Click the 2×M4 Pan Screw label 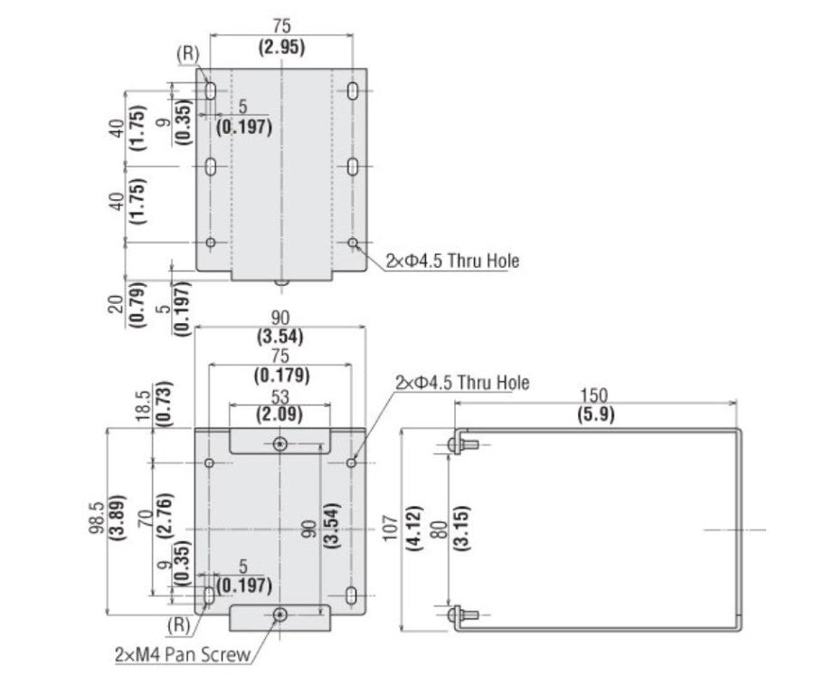coord(181,654)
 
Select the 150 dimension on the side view coord(594,395)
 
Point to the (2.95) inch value coord(280,46)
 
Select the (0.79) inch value coord(136,305)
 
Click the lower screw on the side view coord(459,614)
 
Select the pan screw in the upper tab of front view coord(280,444)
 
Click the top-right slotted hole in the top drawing coord(354,91)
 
